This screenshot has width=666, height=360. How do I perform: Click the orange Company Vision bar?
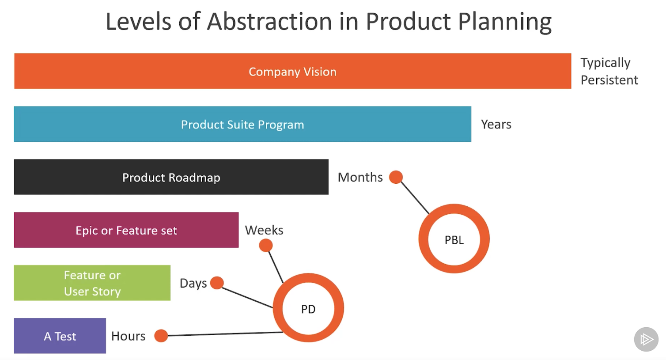point(292,71)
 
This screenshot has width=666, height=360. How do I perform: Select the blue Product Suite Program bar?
point(242,124)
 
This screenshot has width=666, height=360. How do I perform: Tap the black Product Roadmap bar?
point(171,177)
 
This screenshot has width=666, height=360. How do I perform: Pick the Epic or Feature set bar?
point(126,230)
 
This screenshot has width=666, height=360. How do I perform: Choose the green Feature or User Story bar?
point(92,283)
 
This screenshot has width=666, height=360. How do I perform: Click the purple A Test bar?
point(60,336)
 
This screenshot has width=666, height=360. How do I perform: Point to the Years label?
point(496,124)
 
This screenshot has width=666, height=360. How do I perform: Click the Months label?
point(360,177)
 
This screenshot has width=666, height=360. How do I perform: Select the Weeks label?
point(264,230)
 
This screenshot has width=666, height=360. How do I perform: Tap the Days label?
point(193,283)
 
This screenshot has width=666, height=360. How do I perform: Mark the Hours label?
point(128,336)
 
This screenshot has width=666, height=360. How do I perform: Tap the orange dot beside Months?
point(396,177)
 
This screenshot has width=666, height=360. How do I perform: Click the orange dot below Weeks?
point(265,246)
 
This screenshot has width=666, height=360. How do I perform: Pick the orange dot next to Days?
point(217,283)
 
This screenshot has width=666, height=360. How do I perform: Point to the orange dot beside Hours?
point(161,336)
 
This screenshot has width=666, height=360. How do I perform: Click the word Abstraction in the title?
point(269,21)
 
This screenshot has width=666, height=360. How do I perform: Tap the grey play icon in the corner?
point(646,339)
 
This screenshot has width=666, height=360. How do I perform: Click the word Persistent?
point(609,80)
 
